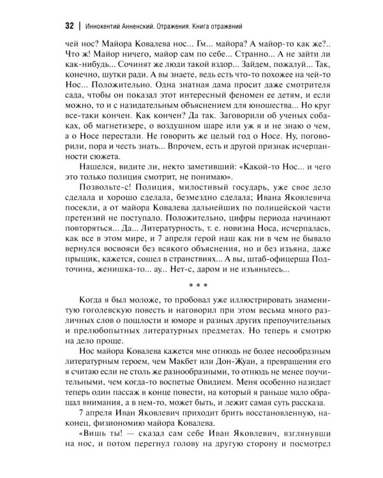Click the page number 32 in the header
click(69, 26)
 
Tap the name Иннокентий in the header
click(108, 27)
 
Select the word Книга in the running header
click(222, 27)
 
